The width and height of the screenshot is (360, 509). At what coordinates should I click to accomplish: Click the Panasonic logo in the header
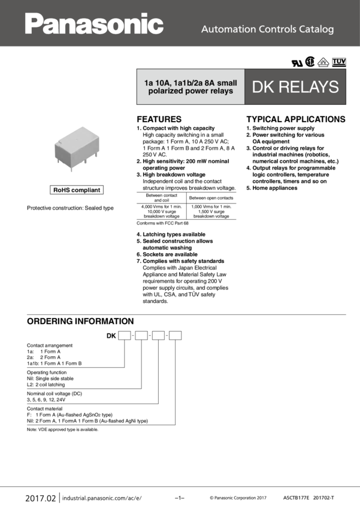pyautogui.click(x=94, y=24)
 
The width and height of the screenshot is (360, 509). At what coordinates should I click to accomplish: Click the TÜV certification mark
pyautogui.click(x=339, y=62)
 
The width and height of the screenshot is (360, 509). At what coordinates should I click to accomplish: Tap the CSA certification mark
pyautogui.click(x=310, y=62)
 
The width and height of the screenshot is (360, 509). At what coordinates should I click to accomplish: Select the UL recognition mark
pyautogui.click(x=297, y=63)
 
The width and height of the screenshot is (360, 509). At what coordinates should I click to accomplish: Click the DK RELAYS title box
pyautogui.click(x=295, y=87)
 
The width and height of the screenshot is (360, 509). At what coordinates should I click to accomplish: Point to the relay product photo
pyautogui.click(x=77, y=148)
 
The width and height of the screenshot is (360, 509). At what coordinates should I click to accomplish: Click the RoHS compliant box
pyautogui.click(x=77, y=190)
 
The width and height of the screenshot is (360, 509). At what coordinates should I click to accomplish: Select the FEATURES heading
pyautogui.click(x=159, y=119)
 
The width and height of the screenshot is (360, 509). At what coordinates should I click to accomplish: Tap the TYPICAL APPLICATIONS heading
pyautogui.click(x=296, y=119)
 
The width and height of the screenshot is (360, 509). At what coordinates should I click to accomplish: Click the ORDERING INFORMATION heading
pyautogui.click(x=80, y=321)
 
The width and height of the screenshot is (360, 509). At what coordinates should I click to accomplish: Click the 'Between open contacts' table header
pyautogui.click(x=211, y=198)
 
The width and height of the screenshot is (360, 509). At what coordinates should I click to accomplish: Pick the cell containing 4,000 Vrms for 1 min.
pyautogui.click(x=162, y=211)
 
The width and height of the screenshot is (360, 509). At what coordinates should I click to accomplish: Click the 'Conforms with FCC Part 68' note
pyautogui.click(x=162, y=223)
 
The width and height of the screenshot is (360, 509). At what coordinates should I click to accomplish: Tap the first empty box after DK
pyautogui.click(x=125, y=335)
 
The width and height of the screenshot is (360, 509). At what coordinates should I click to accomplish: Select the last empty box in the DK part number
pyautogui.click(x=176, y=335)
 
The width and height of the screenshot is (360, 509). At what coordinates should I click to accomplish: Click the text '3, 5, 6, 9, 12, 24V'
pyautogui.click(x=46, y=399)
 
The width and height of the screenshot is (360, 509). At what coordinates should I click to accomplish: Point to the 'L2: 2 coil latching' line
pyautogui.click(x=46, y=384)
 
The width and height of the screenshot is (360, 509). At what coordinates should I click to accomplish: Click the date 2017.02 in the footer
pyautogui.click(x=41, y=498)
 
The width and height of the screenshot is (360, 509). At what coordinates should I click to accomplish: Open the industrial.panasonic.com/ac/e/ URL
pyautogui.click(x=102, y=498)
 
